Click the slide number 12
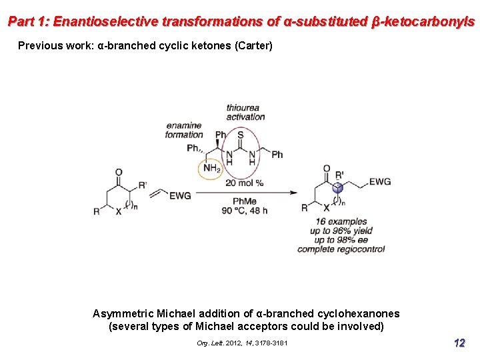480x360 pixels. coord(459,343)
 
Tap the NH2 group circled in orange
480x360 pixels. coord(210,169)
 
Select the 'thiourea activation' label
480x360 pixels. coord(245,112)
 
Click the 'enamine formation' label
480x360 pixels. coord(184,130)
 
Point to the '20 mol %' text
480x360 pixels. coord(244,182)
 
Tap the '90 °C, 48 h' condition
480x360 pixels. coord(245,211)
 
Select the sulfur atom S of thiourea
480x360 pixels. coord(239,135)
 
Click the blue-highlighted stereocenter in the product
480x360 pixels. coord(338,187)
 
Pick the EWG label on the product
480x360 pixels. coord(379,181)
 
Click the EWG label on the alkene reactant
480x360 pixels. coord(180,195)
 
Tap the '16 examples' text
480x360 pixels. coord(341,222)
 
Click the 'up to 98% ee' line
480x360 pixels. coord(341,240)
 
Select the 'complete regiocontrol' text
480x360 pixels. coord(341,249)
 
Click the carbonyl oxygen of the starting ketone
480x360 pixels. coord(119,172)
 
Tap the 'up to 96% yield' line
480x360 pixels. coord(341,231)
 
